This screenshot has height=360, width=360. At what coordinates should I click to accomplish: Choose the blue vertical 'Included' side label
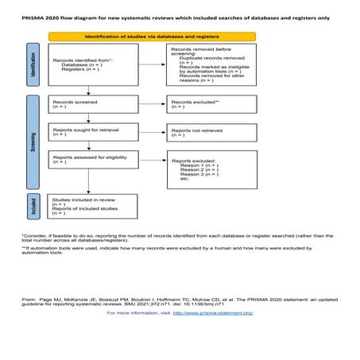pyautogui.click(x=33, y=207)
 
